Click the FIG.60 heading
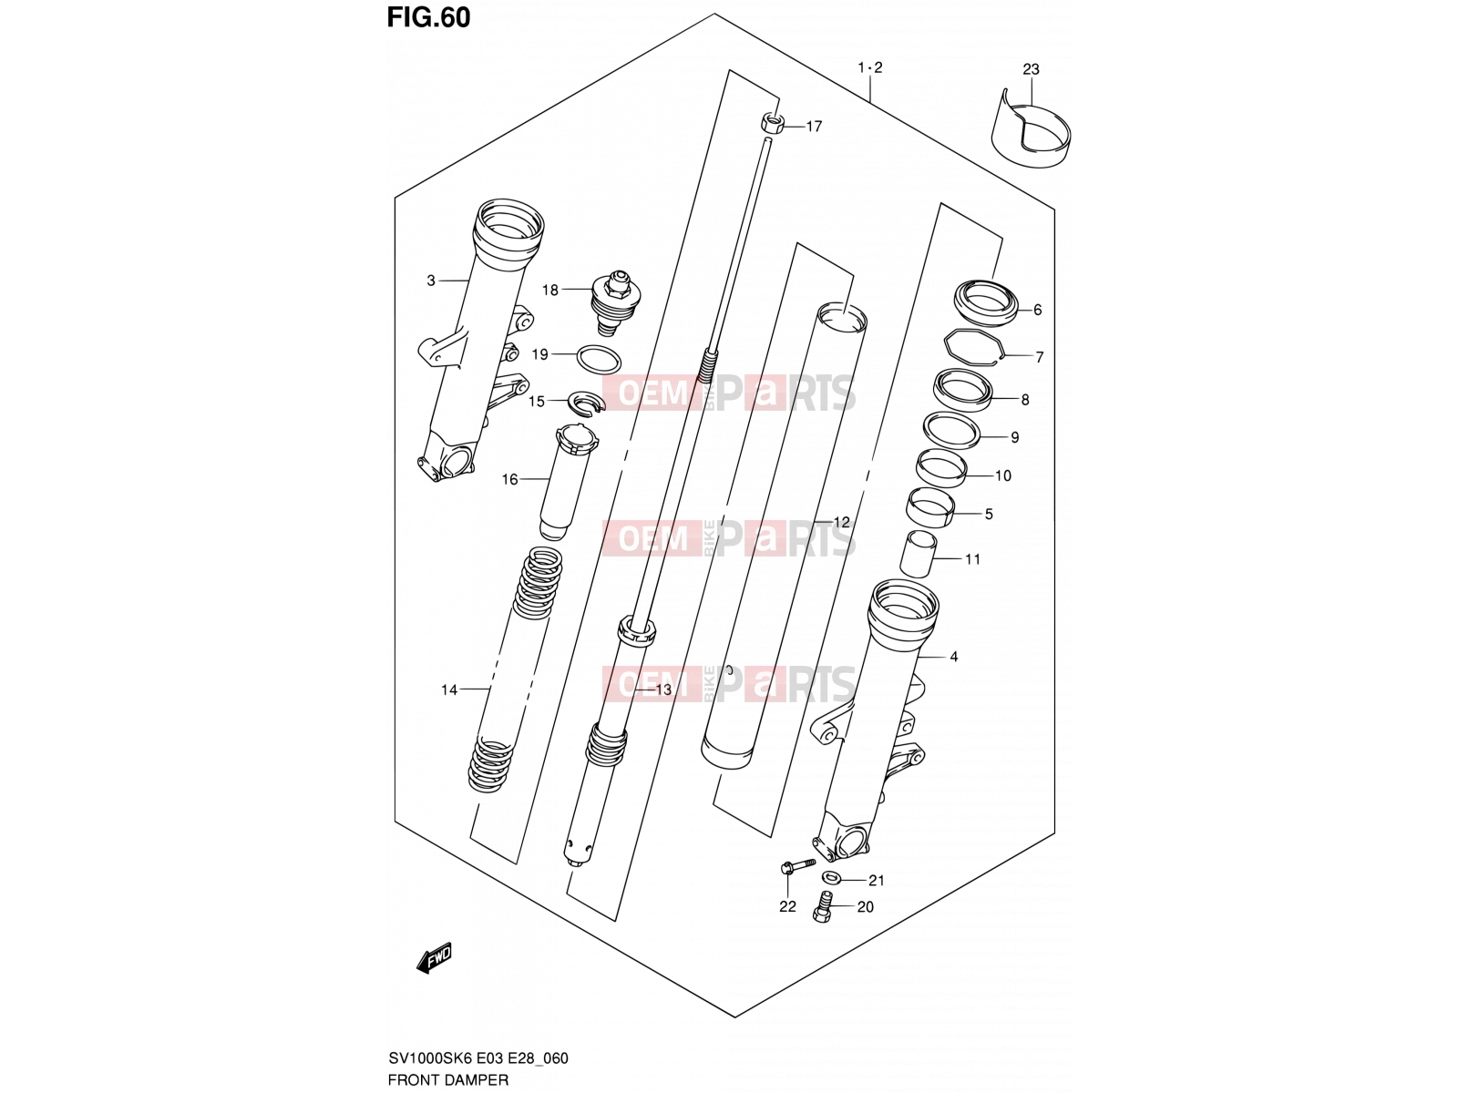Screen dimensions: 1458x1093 click(428, 18)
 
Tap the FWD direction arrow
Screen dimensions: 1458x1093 click(434, 958)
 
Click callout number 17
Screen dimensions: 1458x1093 click(814, 126)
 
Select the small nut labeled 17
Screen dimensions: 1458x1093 click(772, 123)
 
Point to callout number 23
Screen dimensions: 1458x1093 click(1031, 69)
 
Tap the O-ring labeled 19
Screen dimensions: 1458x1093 click(599, 360)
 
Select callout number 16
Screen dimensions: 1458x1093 click(509, 479)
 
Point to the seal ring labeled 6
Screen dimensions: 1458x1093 click(985, 303)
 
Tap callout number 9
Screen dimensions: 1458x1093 click(1014, 437)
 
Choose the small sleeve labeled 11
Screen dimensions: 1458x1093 click(918, 554)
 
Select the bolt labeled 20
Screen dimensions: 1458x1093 click(823, 906)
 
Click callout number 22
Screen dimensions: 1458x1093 click(787, 906)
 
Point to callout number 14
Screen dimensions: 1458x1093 click(449, 690)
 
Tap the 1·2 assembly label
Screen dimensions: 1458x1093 click(869, 67)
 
